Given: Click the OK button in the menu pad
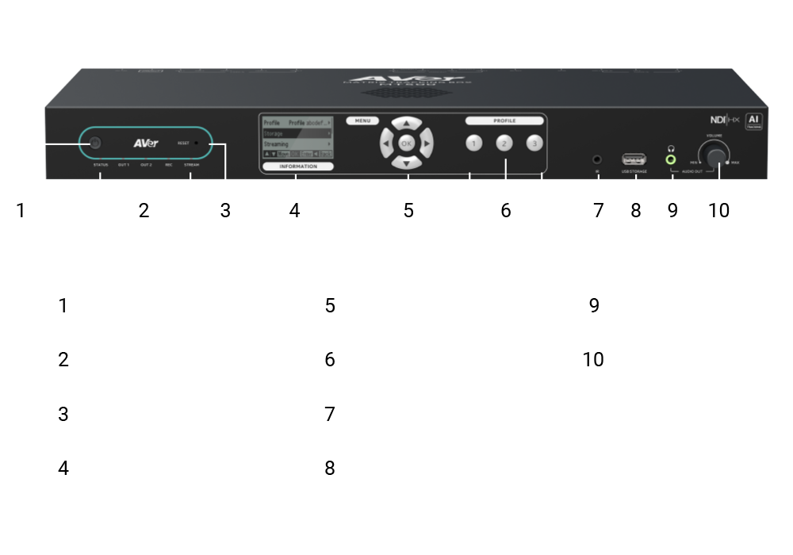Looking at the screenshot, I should coord(407,144).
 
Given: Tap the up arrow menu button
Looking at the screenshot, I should coord(407,124).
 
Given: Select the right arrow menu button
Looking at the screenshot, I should coord(427,144).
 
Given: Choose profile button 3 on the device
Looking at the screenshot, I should coord(535,144).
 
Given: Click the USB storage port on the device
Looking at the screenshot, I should coord(634,159).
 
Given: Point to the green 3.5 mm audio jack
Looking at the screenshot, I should coord(672,159).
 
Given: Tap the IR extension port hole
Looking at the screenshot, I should coord(597,159).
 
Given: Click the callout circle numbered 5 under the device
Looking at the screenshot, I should coord(408,210).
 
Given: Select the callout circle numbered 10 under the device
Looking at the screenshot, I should coord(718,210).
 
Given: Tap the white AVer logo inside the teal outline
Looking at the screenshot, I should coord(145,144).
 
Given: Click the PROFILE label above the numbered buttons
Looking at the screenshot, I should coord(504,121).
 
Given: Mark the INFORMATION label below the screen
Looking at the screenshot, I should coord(298,166).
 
